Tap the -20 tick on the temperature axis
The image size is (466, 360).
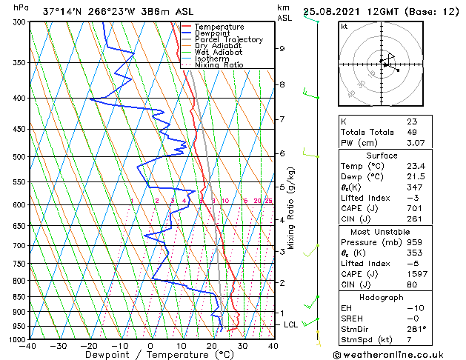[x=89, y=345]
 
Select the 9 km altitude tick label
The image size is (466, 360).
[x=282, y=49]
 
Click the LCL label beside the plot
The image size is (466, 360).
[x=291, y=324]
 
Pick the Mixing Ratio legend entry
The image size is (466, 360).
[x=219, y=64]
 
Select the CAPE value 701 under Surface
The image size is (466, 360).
[x=414, y=208]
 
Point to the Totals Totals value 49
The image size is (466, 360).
[x=411, y=132]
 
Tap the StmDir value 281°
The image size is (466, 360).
[x=416, y=329]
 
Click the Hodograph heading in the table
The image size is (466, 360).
[x=382, y=297]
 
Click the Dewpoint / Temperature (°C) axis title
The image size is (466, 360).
[x=148, y=355]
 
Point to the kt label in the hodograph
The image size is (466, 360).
[x=344, y=26]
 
